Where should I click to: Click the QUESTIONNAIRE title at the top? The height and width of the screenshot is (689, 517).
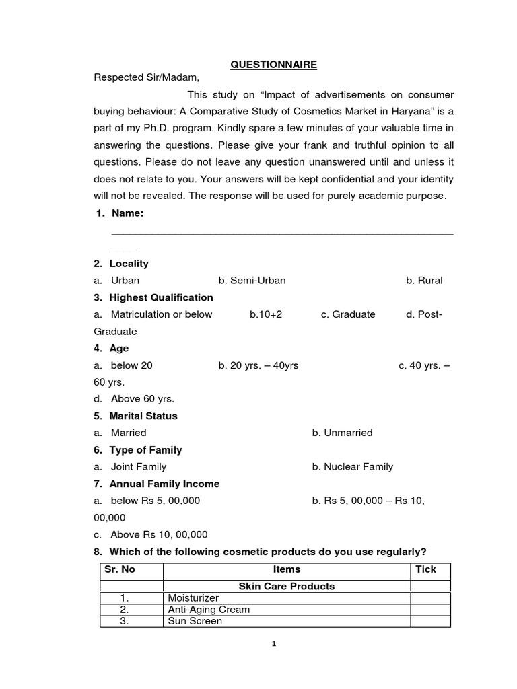[x=273, y=65]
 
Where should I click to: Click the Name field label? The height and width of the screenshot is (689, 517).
[x=127, y=213]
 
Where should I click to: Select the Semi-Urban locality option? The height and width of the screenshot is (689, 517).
[x=252, y=281]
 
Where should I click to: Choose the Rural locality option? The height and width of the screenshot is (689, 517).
[x=424, y=281]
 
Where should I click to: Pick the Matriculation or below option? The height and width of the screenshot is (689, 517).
[x=161, y=314]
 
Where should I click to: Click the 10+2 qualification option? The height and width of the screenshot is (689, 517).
[x=266, y=314]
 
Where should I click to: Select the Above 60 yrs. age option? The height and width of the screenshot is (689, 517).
[x=142, y=399]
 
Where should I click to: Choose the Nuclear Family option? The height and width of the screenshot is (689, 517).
[x=353, y=466]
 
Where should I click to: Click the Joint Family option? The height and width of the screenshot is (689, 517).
[x=138, y=466]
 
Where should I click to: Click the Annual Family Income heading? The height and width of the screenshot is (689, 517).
[x=164, y=484]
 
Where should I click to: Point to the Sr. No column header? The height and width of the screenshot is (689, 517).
[x=120, y=569]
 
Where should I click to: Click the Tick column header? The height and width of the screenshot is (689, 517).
[x=426, y=569]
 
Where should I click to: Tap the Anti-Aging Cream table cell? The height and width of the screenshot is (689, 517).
[x=209, y=610]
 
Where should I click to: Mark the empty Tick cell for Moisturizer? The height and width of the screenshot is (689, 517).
[x=430, y=598]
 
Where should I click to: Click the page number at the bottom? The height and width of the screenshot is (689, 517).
[x=274, y=644]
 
